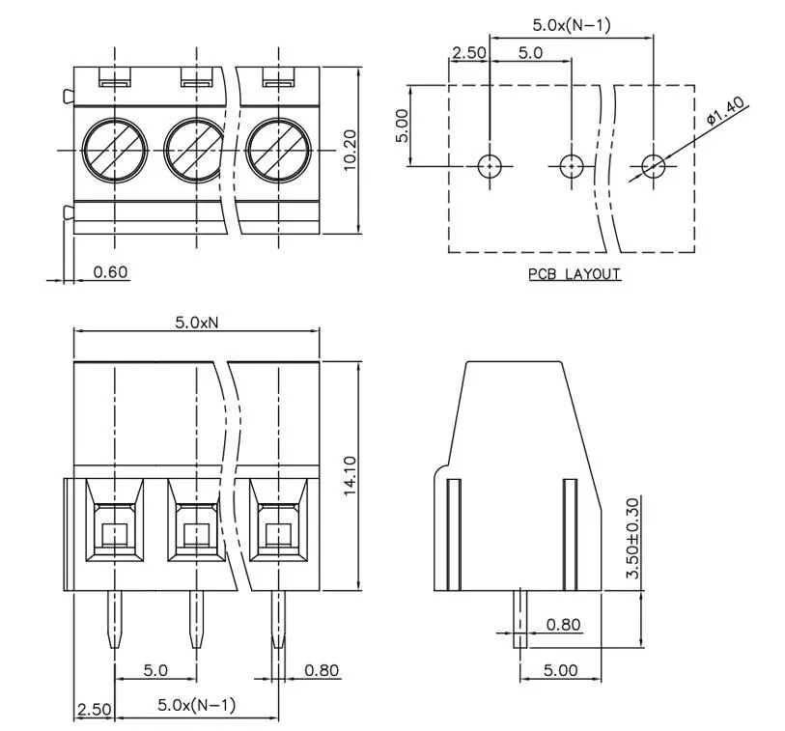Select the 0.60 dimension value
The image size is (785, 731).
coord(111,272)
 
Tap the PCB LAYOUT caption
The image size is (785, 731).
coord(575,274)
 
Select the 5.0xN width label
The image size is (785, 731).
coord(198,323)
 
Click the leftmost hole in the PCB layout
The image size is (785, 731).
coord(491,166)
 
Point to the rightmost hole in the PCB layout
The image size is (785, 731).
coord(655,166)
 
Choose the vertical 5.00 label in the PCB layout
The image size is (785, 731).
coord(404,126)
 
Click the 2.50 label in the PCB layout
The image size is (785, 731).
coord(469,53)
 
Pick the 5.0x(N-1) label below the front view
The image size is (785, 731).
coord(196,706)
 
